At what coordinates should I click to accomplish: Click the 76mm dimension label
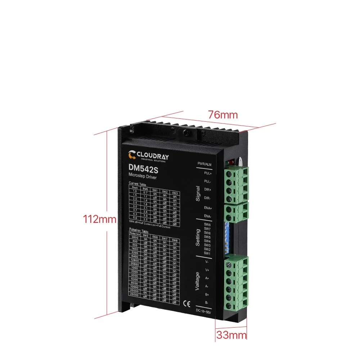tap(223, 115)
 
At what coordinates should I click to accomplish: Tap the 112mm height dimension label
tap(100, 219)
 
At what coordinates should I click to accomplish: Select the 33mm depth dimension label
tap(231, 336)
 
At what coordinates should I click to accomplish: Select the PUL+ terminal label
tap(208, 173)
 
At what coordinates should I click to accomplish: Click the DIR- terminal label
tap(208, 198)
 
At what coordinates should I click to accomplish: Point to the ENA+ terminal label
tap(208, 208)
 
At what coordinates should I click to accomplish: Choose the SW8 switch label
tap(207, 225)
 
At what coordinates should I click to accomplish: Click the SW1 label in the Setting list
tap(207, 253)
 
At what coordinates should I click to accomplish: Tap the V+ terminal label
tap(207, 270)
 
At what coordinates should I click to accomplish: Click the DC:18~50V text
tap(203, 311)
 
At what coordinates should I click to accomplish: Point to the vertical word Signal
tap(197, 194)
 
